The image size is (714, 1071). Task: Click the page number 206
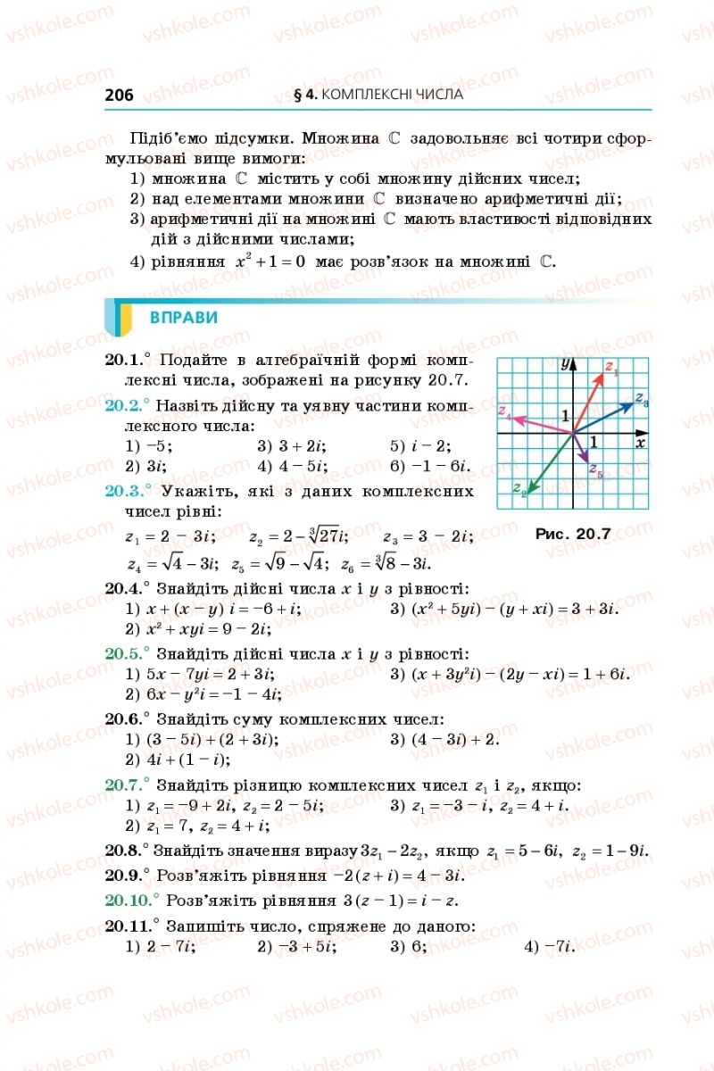click(x=119, y=95)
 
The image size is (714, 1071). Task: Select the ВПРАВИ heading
click(x=183, y=319)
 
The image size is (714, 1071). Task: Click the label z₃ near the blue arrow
click(x=641, y=399)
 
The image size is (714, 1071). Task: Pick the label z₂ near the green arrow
click(x=518, y=487)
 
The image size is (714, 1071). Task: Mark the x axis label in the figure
click(x=640, y=442)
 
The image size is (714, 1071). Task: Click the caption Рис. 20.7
click(x=572, y=534)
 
